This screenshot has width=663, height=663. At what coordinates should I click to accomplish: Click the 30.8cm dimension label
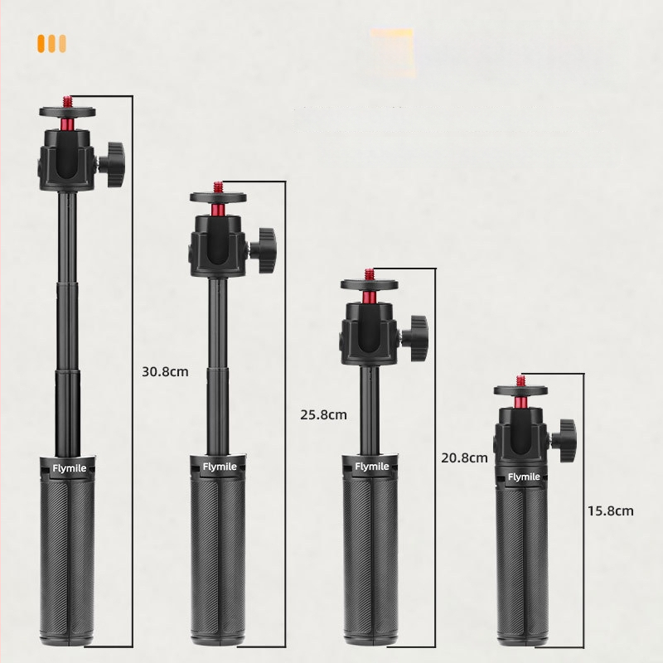coord(165,371)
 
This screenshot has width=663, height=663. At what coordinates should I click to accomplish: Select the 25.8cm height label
coord(323,415)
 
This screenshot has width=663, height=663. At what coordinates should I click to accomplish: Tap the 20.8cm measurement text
coord(464,457)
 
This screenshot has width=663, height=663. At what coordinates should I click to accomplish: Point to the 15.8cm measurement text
coord(611,511)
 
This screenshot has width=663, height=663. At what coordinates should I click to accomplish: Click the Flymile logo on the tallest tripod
coord(70,468)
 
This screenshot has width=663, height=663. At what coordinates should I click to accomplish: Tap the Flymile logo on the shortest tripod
coord(524,477)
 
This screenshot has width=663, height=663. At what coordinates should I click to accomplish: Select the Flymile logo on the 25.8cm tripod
coord(220,467)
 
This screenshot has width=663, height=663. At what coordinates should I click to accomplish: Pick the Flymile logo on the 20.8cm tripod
coord(372,467)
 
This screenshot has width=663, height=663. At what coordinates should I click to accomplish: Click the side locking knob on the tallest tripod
coord(113,164)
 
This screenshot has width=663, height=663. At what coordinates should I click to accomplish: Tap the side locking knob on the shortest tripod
coord(564,441)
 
